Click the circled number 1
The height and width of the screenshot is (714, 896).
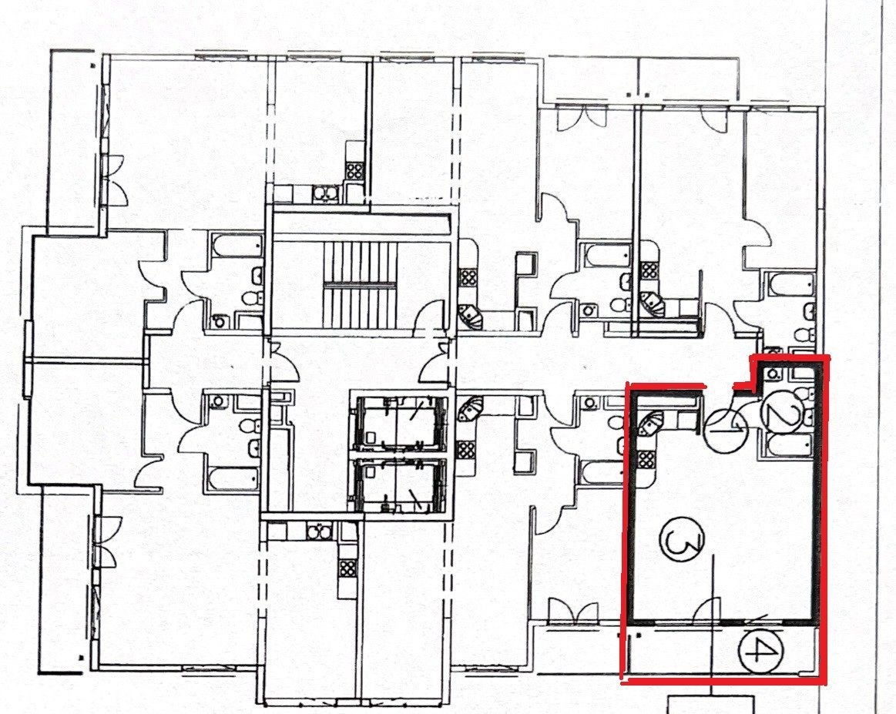[x=726, y=431]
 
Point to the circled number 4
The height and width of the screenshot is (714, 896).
[x=760, y=651]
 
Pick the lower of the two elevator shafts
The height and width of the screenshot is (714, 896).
[x=399, y=484]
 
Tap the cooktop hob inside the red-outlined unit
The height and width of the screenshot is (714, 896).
[x=645, y=460]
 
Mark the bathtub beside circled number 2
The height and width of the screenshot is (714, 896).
[x=790, y=446]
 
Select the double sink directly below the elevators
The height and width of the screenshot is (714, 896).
[x=317, y=531]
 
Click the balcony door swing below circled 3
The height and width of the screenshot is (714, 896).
[x=706, y=611]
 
